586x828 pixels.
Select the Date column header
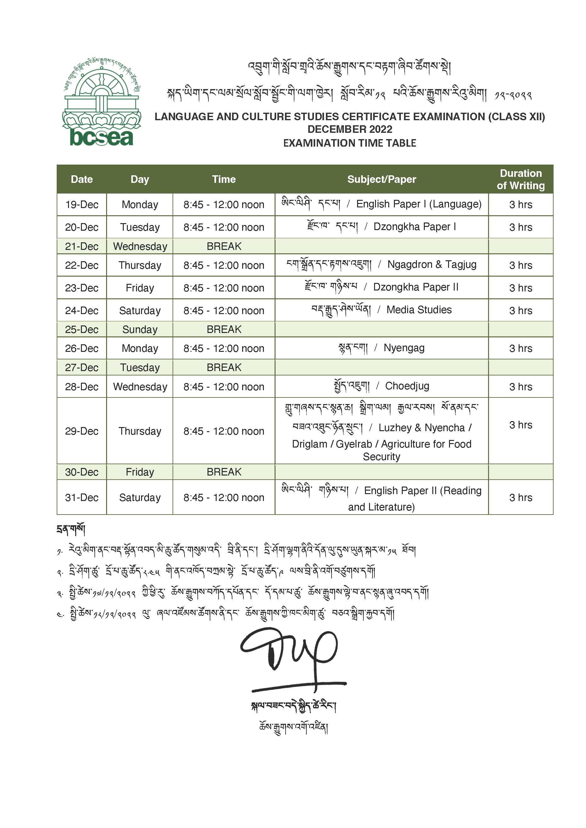pyautogui.click(x=82, y=179)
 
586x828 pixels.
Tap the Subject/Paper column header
pyautogui.click(x=381, y=179)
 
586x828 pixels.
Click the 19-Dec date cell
pyautogui.click(x=82, y=205)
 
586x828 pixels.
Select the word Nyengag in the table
pyautogui.click(x=404, y=348)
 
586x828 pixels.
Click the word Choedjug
pyautogui.click(x=407, y=386)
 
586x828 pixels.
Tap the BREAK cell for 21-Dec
pyautogui.click(x=224, y=246)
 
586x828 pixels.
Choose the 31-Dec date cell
pyautogui.click(x=82, y=498)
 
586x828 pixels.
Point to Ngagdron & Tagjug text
pyautogui.click(x=432, y=265)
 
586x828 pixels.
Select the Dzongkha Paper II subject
pyautogui.click(x=415, y=287)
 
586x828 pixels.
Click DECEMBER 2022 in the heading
pyautogui.click(x=350, y=129)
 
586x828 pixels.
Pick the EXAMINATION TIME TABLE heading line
pyautogui.click(x=350, y=143)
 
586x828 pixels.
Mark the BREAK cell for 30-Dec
pyautogui.click(x=224, y=472)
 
